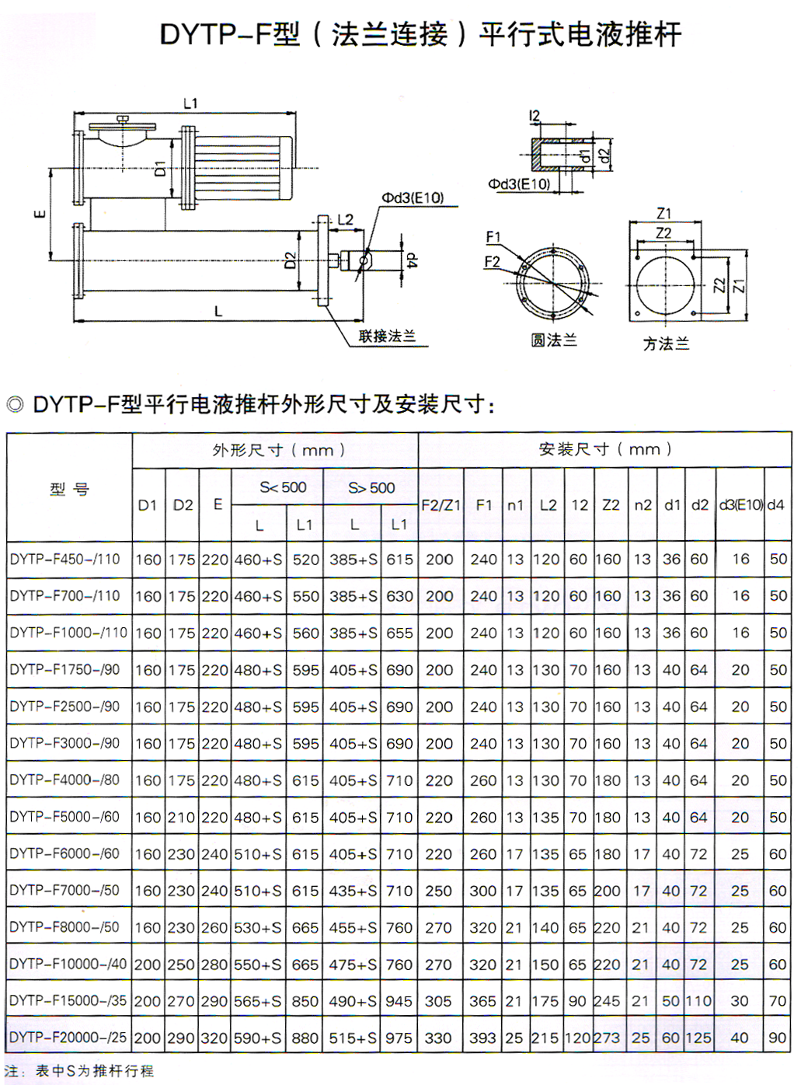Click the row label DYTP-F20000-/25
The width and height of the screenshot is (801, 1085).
[68, 1038]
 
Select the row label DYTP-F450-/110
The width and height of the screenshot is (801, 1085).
[65, 559]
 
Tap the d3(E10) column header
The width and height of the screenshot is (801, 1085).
[740, 505]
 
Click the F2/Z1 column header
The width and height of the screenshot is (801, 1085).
[441, 505]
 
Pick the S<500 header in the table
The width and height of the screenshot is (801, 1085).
[283, 487]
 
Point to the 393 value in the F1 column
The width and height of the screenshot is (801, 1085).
[482, 1038]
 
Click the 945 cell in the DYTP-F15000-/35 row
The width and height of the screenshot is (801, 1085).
[399, 1001]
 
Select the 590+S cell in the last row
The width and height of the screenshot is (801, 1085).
[258, 1038]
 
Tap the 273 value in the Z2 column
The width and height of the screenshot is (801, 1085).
[608, 1038]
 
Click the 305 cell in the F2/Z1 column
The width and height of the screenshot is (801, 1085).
[439, 1001]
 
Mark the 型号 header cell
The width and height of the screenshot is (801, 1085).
[69, 489]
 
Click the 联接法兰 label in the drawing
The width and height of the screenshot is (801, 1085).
[387, 337]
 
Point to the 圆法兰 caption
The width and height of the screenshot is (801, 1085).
[553, 340]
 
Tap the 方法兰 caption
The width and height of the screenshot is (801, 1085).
[666, 343]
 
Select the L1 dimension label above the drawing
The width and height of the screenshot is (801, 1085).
[190, 103]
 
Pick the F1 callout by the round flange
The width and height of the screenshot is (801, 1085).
[493, 237]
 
